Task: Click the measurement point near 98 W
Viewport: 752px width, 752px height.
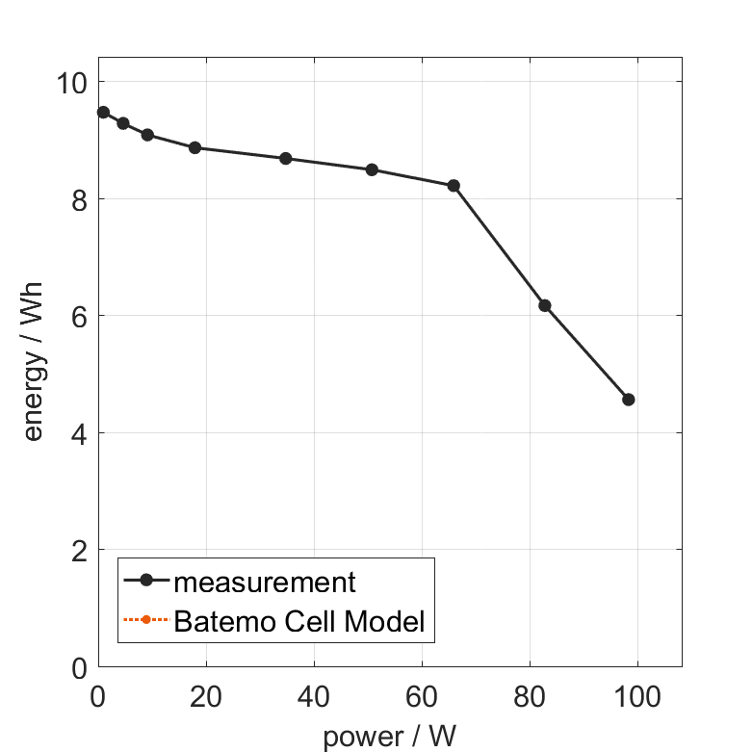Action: click(629, 400)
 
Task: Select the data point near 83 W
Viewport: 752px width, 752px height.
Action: click(545, 305)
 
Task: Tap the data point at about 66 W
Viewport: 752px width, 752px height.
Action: click(454, 185)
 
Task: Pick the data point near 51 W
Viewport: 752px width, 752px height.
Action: click(372, 169)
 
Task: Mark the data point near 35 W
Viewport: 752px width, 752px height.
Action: click(285, 158)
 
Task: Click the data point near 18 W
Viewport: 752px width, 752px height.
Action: click(194, 147)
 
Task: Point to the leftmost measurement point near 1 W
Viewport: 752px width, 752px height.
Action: click(103, 113)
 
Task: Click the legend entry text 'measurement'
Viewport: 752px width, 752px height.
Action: click(265, 582)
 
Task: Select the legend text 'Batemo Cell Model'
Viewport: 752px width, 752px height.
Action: click(299, 621)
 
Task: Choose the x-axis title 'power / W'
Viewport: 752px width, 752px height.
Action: click(389, 738)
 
